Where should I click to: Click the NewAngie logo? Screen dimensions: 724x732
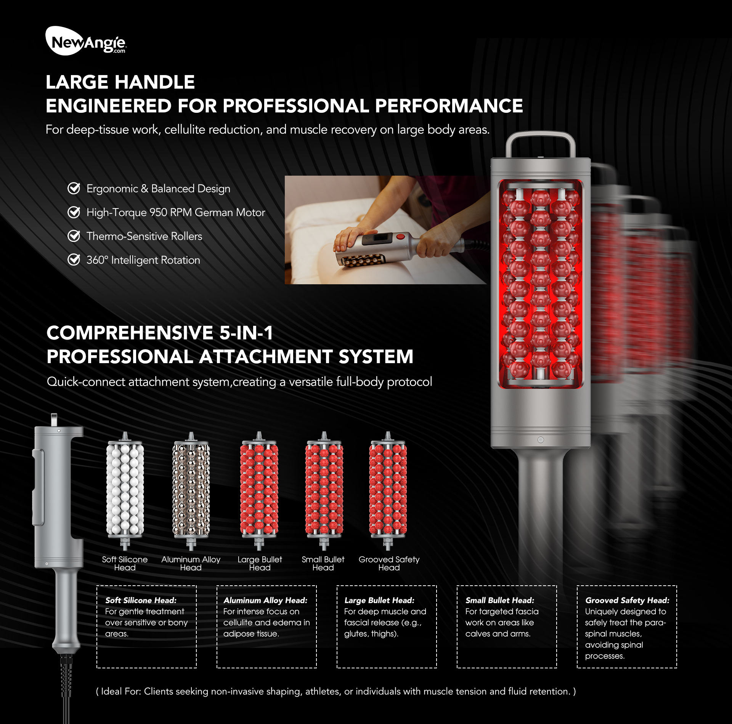86,41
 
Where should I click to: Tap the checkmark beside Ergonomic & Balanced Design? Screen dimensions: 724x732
74,188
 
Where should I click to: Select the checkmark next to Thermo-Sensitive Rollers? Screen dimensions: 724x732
74,236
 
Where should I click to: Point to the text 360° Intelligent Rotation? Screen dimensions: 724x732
143,260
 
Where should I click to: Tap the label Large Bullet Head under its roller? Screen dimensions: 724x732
260,563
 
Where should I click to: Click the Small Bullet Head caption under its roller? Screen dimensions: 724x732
323,563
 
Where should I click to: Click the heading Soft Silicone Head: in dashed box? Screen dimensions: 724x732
141,600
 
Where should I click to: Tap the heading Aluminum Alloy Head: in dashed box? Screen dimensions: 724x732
265,600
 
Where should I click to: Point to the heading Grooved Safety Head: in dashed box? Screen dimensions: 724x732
627,600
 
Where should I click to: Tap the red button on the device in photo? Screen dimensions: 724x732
400,237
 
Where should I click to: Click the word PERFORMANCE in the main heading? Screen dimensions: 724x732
449,106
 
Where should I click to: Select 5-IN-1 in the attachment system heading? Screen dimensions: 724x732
246,333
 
